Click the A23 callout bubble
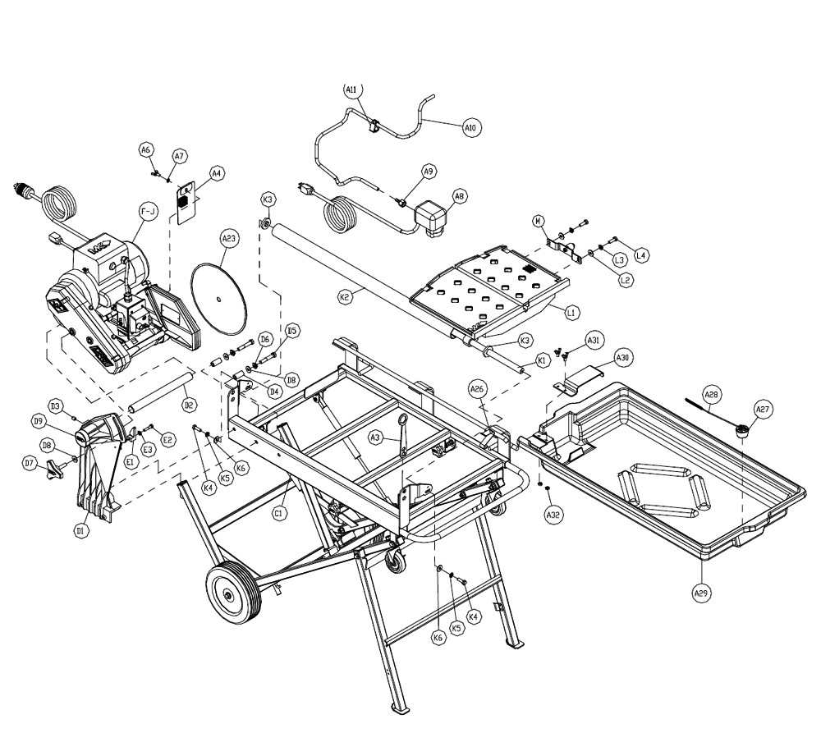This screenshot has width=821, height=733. pos(229,240)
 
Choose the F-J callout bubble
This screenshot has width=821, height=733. pos(149,212)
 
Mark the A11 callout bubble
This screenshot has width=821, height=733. pos(351,91)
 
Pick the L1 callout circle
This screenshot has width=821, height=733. pos(572,310)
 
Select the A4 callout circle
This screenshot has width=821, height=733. pos(216,174)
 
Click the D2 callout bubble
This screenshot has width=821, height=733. pos(188,404)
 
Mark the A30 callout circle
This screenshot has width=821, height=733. pos(623,358)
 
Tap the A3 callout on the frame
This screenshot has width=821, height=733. pos(375,440)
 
